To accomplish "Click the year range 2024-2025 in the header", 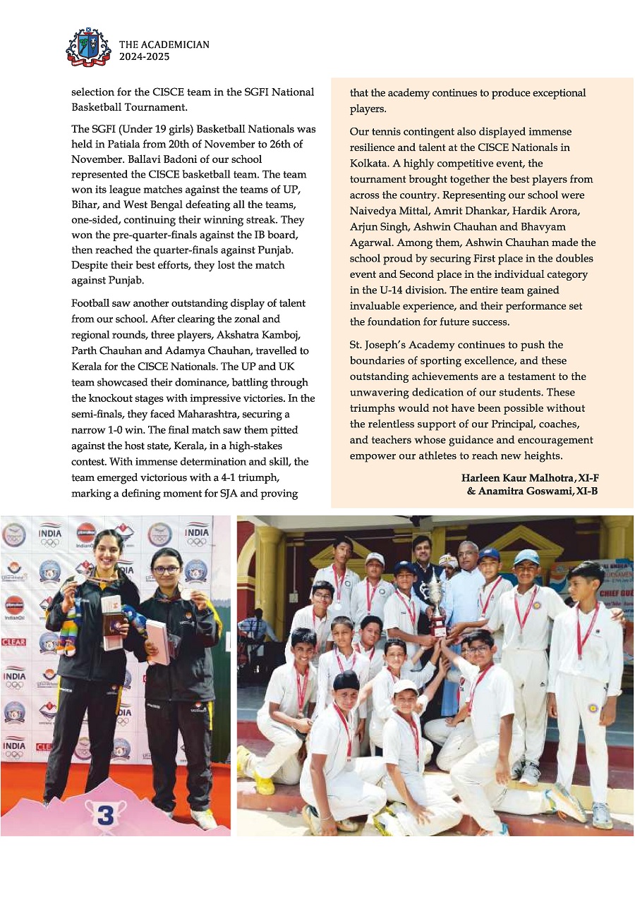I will coord(144,57).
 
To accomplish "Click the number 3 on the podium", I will coord(104,816).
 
